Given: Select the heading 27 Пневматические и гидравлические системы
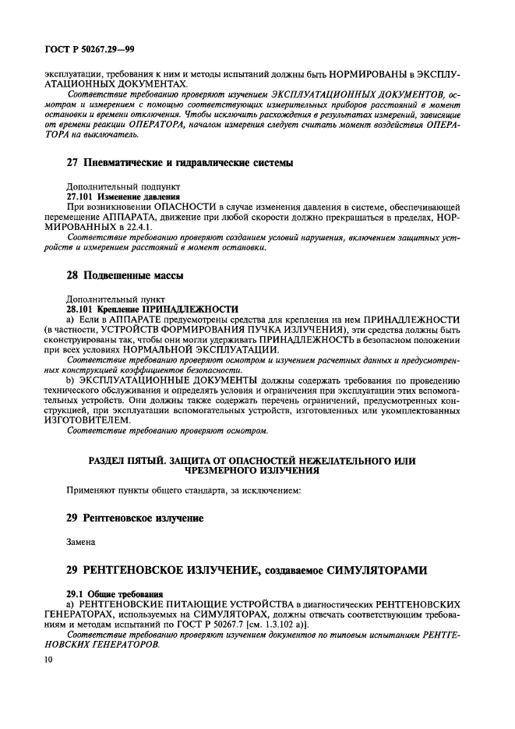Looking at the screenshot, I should [x=178, y=163].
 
